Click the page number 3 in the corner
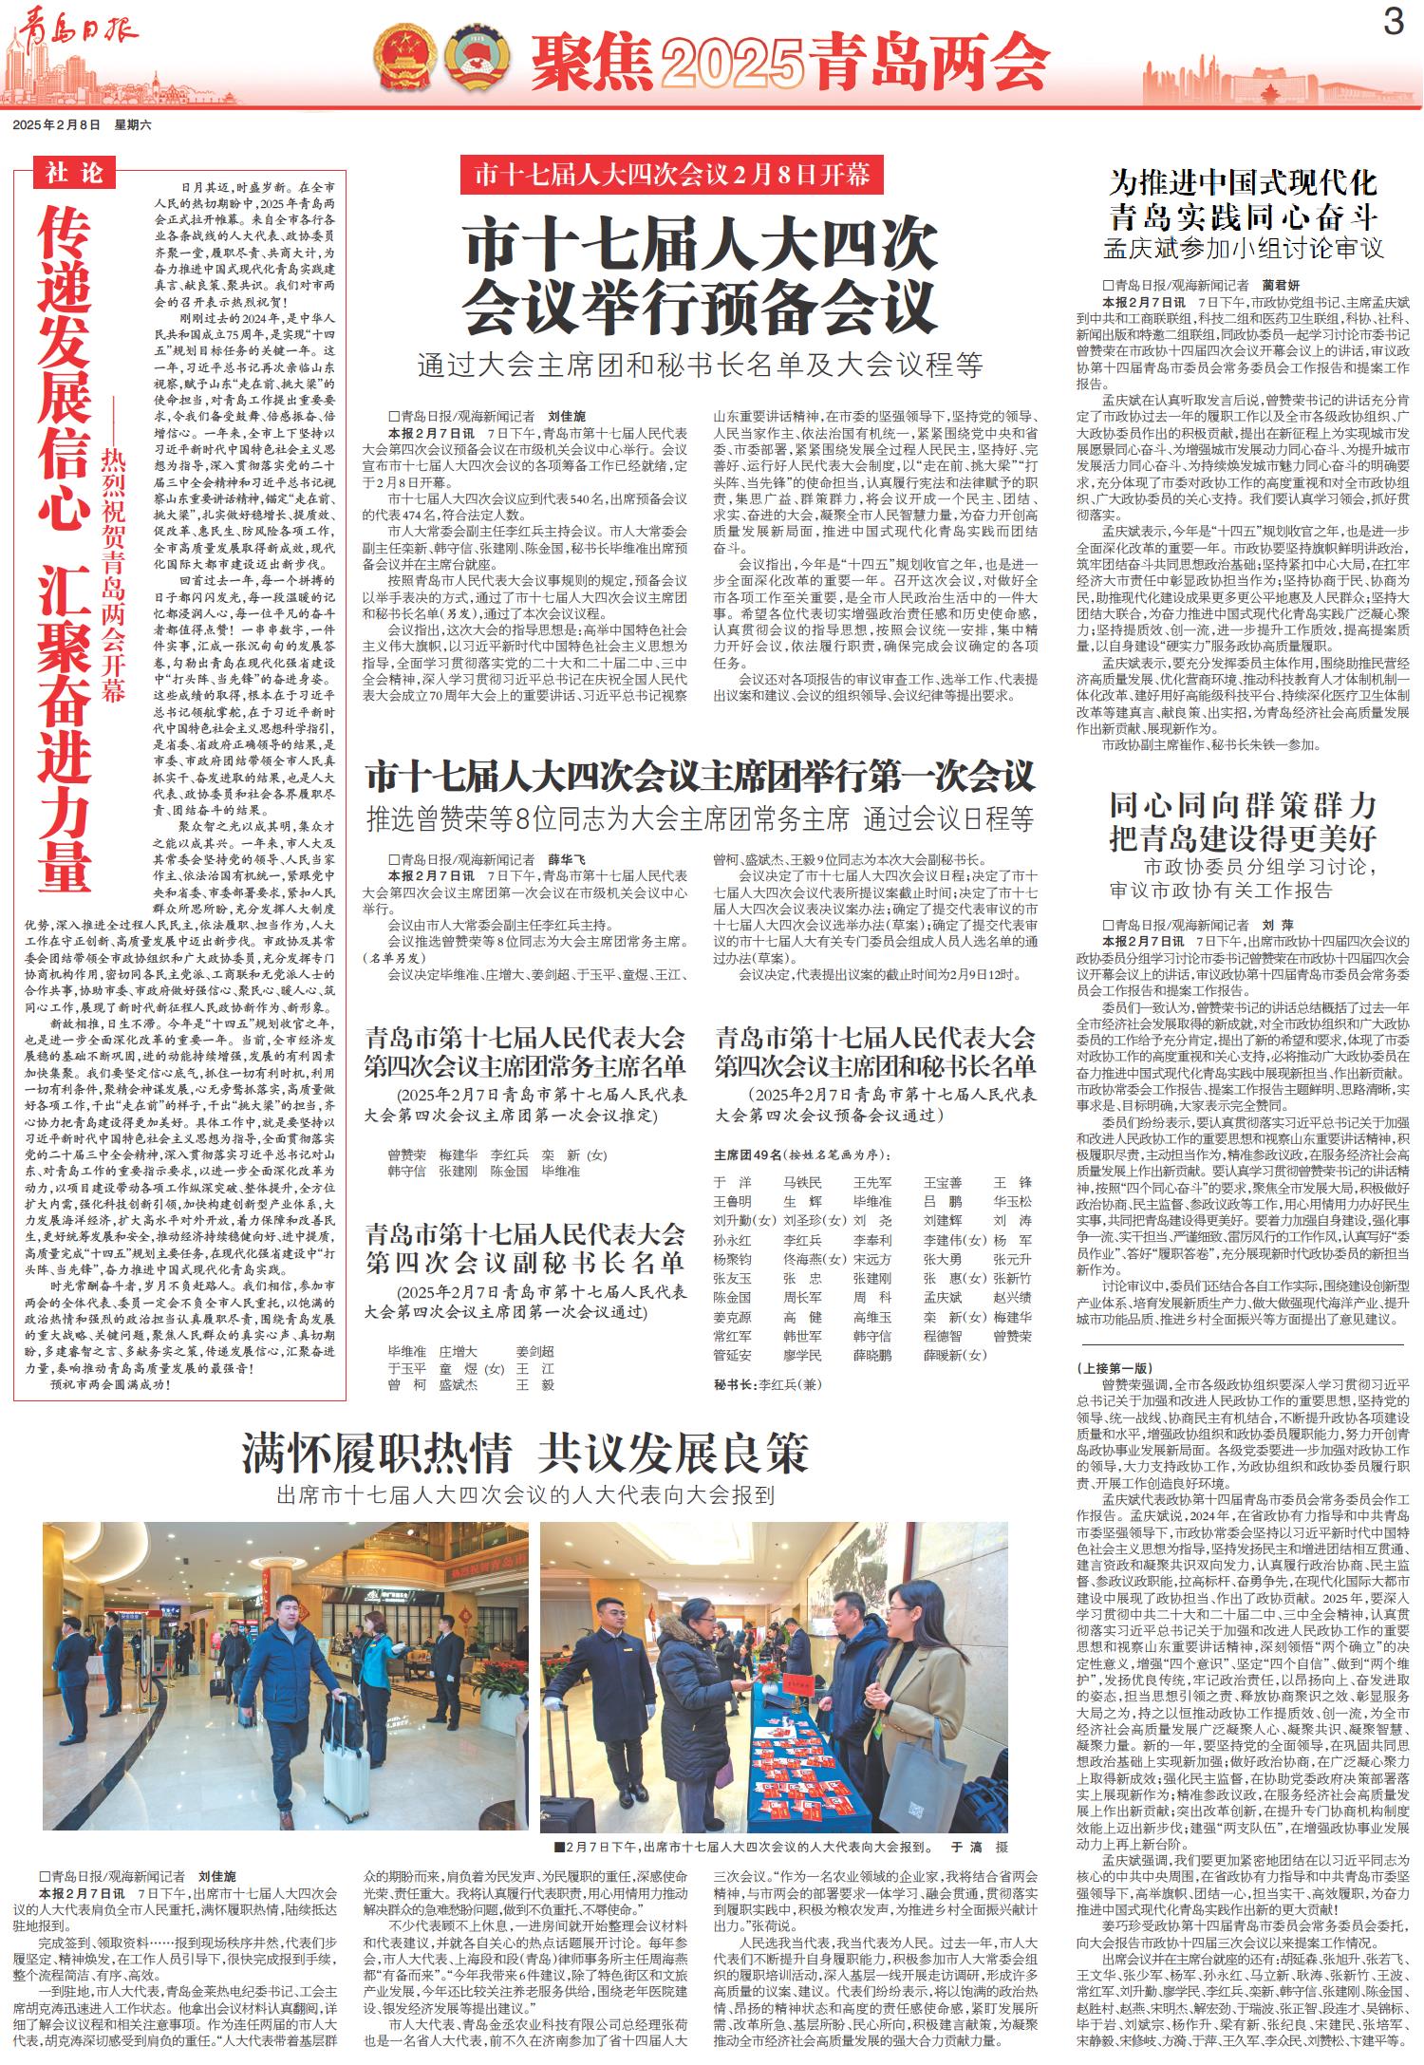pos(1393,22)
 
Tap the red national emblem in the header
pos(403,57)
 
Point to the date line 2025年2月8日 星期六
pos(83,124)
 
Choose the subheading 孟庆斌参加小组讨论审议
pos(1243,250)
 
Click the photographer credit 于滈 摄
pos(979,1848)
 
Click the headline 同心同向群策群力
pos(1243,806)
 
